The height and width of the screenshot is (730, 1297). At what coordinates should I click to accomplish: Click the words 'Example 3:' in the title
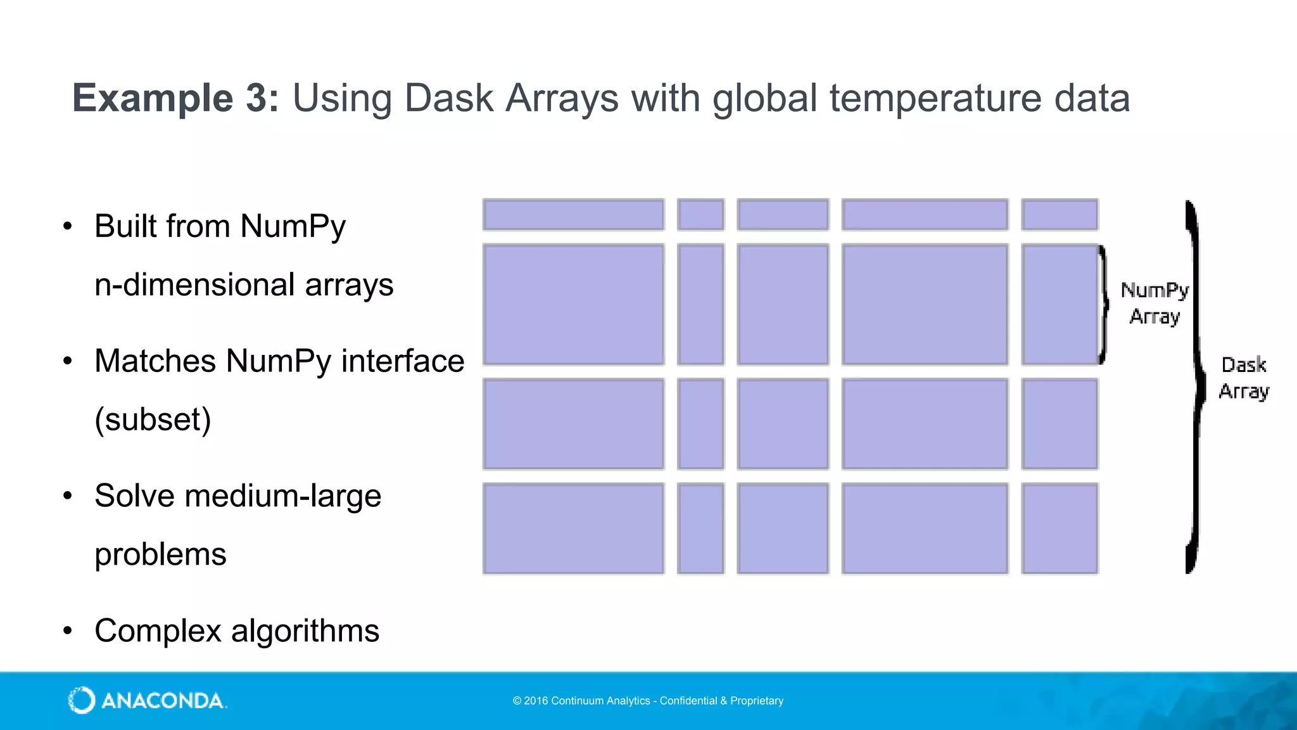pyautogui.click(x=175, y=98)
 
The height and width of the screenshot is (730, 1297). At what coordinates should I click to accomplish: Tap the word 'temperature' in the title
pyautogui.click(x=935, y=98)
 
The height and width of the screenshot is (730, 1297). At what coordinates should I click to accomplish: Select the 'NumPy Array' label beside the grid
pyautogui.click(x=1155, y=303)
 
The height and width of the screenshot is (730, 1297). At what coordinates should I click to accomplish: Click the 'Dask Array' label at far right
pyautogui.click(x=1244, y=378)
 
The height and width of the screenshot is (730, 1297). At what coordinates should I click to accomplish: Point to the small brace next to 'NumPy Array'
pyautogui.click(x=1104, y=304)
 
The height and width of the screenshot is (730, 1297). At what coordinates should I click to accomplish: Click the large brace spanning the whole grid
pyautogui.click(x=1194, y=387)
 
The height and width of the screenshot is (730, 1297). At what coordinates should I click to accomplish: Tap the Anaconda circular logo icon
pyautogui.click(x=82, y=700)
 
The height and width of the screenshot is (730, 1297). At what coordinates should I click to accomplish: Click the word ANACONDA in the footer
pyautogui.click(x=162, y=701)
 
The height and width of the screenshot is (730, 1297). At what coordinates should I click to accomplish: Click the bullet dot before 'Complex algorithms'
pyautogui.click(x=68, y=631)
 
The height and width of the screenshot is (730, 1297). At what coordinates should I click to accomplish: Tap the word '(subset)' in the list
pyautogui.click(x=153, y=419)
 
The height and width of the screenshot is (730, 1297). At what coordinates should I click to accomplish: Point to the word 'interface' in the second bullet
pyautogui.click(x=403, y=361)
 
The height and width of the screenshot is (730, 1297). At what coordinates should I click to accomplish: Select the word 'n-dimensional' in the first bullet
pyautogui.click(x=194, y=285)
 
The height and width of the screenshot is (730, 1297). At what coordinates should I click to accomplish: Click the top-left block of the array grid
pyautogui.click(x=573, y=214)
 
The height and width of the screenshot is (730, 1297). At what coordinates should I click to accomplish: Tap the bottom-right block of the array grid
pyautogui.click(x=1060, y=528)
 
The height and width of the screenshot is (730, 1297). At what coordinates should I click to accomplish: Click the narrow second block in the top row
pyautogui.click(x=700, y=214)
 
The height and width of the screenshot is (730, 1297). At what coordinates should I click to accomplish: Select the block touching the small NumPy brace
pyautogui.click(x=1060, y=304)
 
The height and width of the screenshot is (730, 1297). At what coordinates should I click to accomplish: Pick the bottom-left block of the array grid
pyautogui.click(x=573, y=528)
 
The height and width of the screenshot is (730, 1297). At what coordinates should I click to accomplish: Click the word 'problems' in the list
pyautogui.click(x=160, y=554)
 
